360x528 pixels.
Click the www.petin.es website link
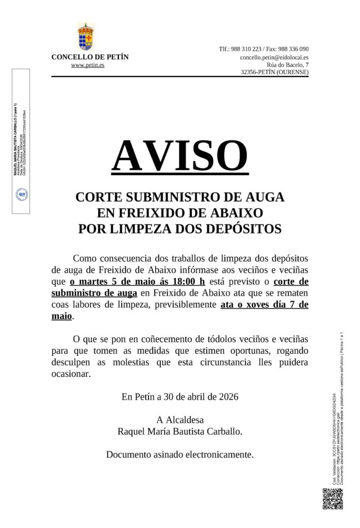pyautogui.click(x=87, y=65)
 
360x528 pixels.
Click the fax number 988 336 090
pyautogui.click(x=291, y=49)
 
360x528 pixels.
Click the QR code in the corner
pyautogui.click(x=332, y=499)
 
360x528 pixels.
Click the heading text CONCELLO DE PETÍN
pyautogui.click(x=90, y=57)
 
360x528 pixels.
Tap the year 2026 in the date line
pyautogui.click(x=227, y=397)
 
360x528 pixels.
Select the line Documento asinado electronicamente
pyautogui.click(x=180, y=455)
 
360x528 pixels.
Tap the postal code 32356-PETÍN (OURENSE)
pyautogui.click(x=275, y=73)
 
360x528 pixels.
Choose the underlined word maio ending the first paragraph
pyautogui.click(x=61, y=316)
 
